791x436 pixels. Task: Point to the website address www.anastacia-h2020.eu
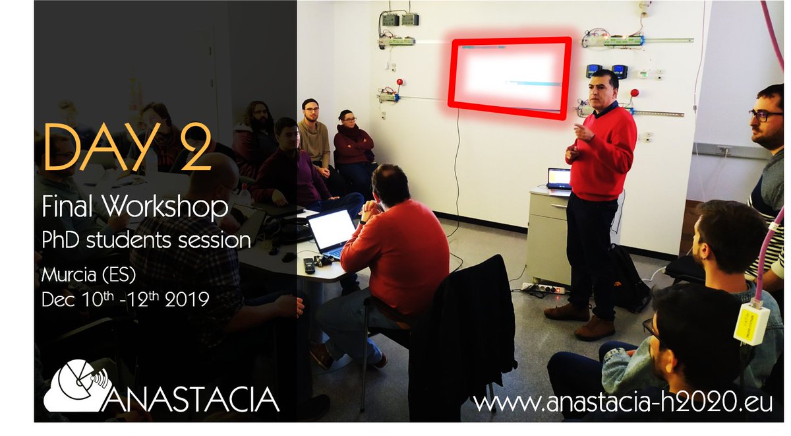pos(622,402)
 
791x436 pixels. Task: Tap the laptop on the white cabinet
pos(559,178)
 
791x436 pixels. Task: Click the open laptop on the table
pos(331,232)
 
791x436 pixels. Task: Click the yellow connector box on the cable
pos(751,323)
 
